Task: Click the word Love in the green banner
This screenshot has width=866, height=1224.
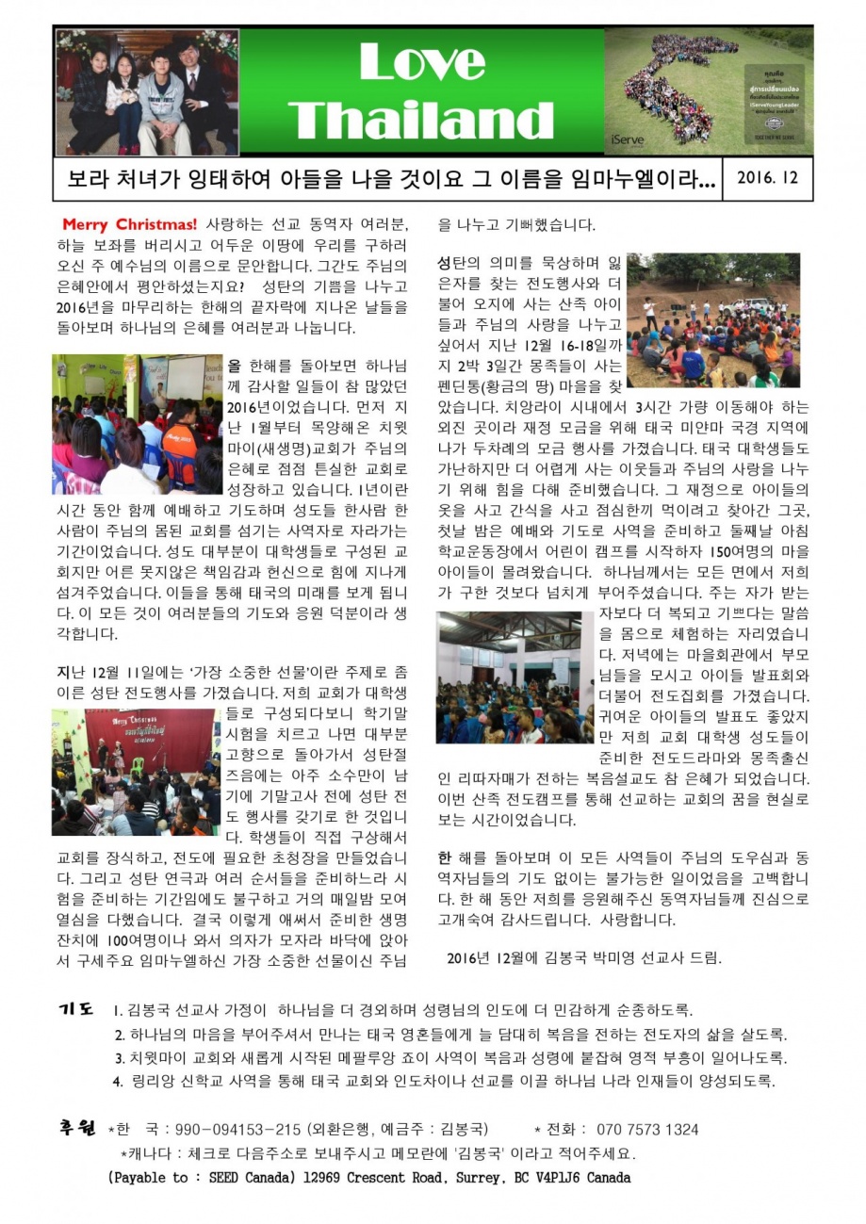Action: [x=421, y=63]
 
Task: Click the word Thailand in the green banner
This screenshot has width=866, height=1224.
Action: [x=421, y=121]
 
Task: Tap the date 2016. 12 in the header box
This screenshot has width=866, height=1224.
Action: [x=766, y=178]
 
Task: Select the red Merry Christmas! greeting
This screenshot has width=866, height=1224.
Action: [x=129, y=225]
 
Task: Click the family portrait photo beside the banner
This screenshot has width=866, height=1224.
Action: [x=147, y=91]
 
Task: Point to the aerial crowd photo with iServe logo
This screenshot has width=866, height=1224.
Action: [x=708, y=91]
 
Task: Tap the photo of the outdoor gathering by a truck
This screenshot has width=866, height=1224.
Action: [x=713, y=320]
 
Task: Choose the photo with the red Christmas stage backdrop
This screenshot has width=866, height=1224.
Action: [x=135, y=772]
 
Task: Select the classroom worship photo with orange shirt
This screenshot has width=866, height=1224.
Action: [x=137, y=424]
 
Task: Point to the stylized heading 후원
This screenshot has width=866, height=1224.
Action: [x=77, y=1128]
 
